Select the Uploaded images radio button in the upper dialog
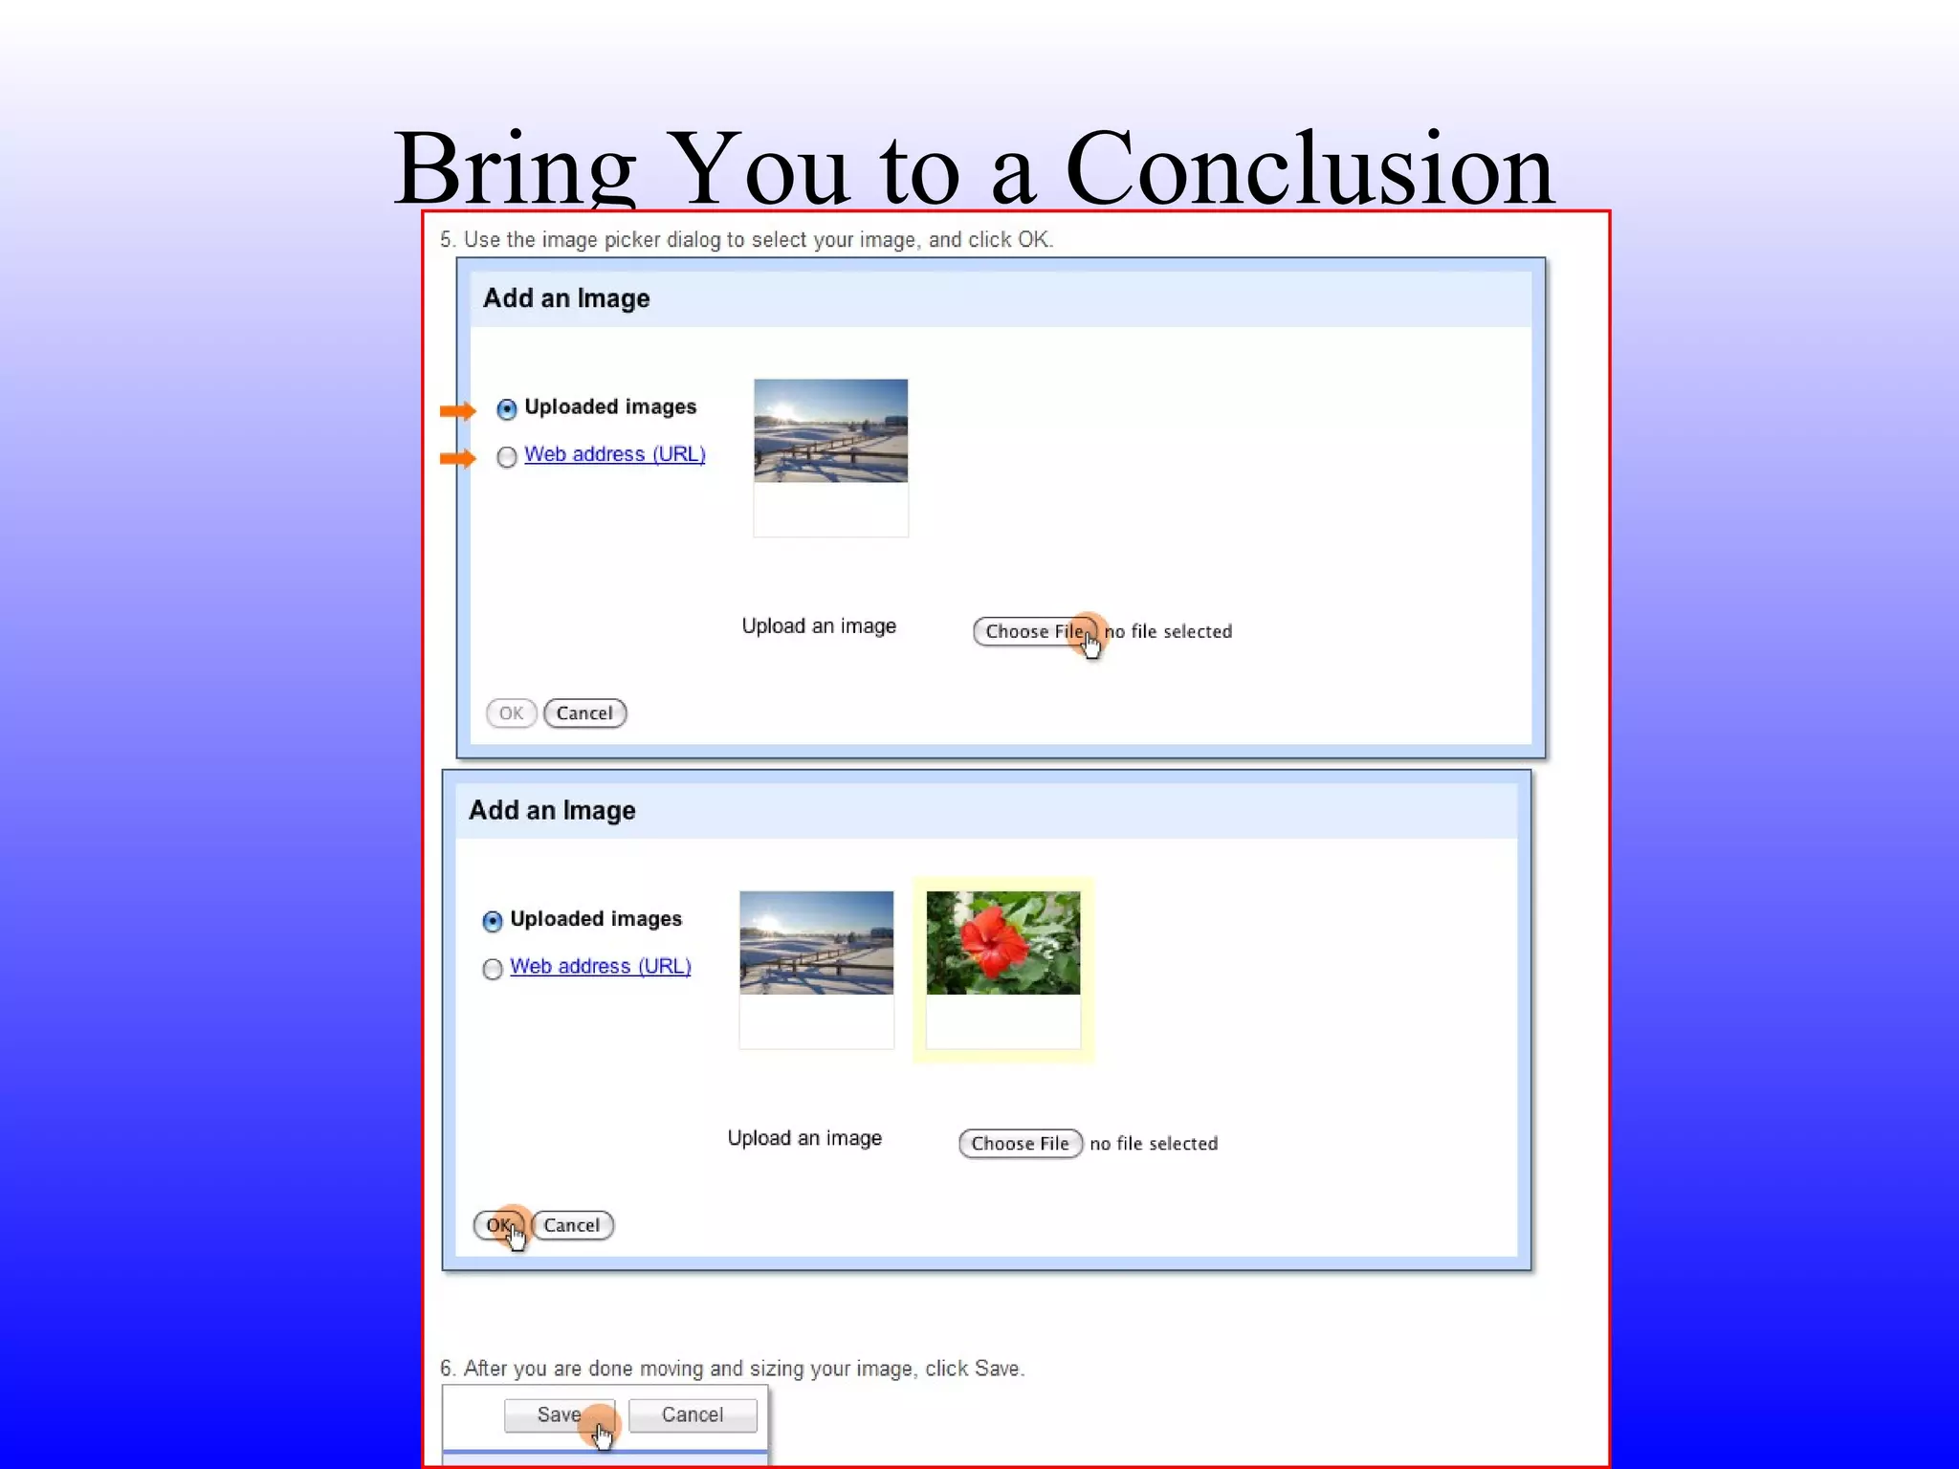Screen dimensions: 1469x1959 coord(507,409)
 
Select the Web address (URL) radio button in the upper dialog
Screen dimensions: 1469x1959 coord(507,457)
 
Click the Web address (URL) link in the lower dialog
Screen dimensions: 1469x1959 coord(600,966)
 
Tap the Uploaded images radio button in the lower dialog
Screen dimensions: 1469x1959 coord(493,921)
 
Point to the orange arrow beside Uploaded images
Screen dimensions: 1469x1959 coord(457,411)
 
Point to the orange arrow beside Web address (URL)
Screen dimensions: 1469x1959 coord(457,459)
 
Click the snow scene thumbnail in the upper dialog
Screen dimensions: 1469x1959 coord(830,430)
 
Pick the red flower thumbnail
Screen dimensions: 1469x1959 coord(1002,943)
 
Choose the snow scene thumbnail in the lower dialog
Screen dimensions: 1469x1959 coord(816,943)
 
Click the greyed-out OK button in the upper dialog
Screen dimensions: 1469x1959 coord(511,713)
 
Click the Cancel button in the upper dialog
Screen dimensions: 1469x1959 coord(584,713)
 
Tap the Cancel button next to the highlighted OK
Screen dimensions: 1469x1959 coord(571,1225)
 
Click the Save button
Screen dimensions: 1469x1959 coord(559,1414)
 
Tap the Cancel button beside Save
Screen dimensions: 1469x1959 coord(692,1414)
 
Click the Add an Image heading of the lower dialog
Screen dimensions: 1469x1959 coord(552,810)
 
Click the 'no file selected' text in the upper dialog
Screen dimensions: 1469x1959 coord(1168,631)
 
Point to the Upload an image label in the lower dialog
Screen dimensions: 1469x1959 coord(804,1138)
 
